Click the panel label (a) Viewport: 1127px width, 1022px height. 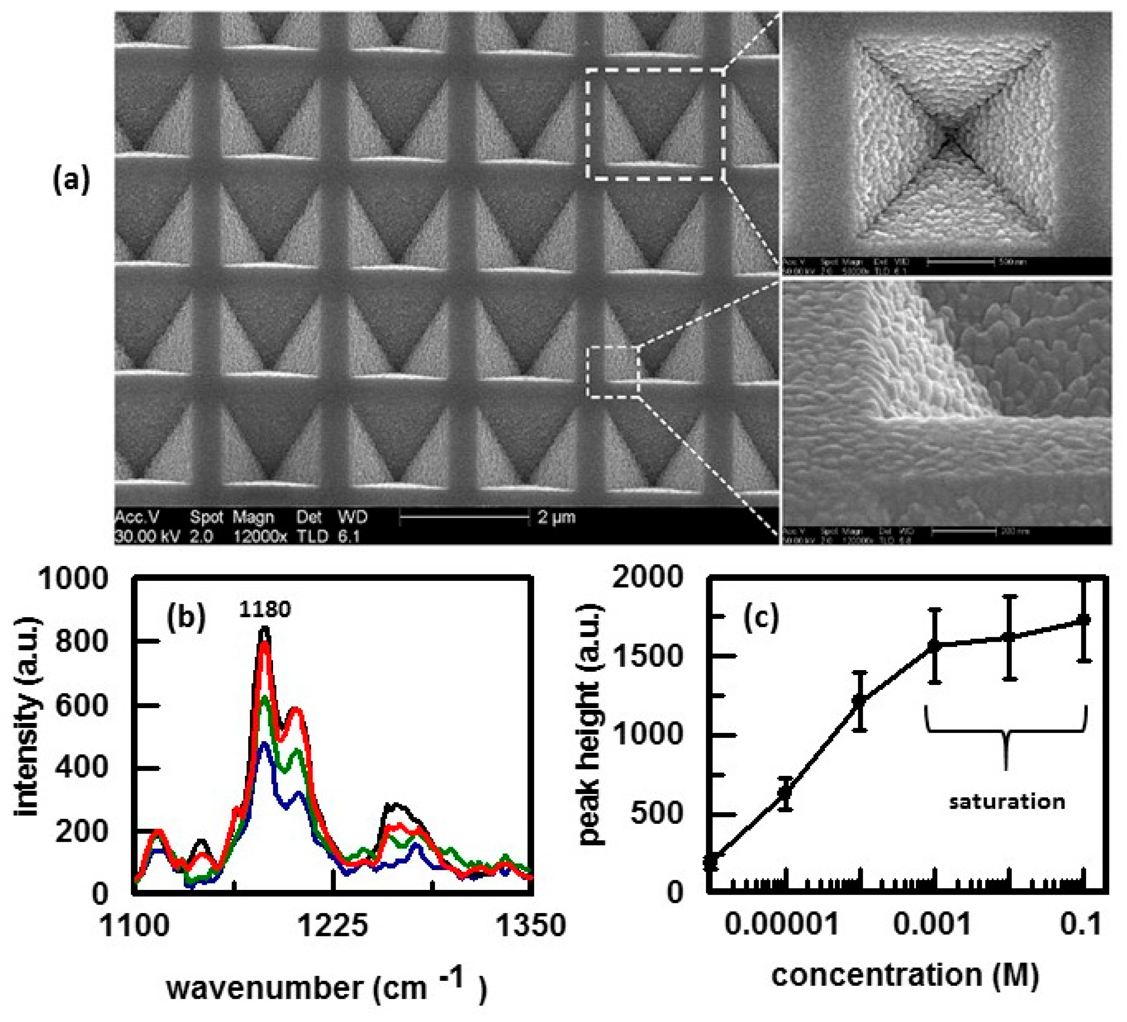tap(71, 181)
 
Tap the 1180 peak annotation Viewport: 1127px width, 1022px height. tap(265, 609)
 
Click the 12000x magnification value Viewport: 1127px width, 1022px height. tap(260, 537)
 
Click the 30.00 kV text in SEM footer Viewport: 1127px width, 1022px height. tap(147, 537)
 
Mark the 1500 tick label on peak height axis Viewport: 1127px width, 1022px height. tap(649, 657)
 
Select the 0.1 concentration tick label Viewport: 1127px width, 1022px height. tap(1081, 925)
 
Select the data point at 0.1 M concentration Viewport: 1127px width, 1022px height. tap(1083, 619)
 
